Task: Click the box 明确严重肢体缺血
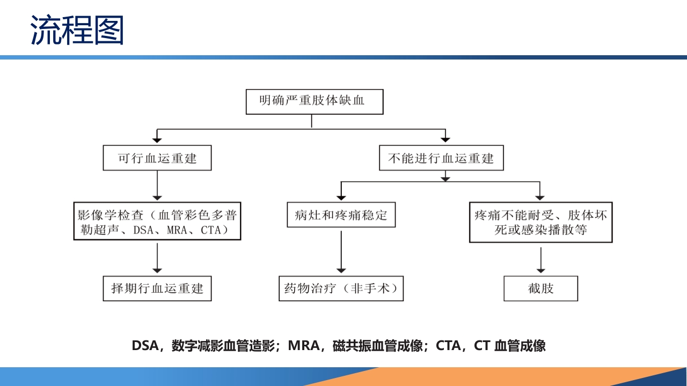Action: (x=314, y=101)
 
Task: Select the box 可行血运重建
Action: (x=157, y=158)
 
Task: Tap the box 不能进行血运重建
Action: (x=441, y=158)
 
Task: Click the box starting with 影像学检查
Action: (x=157, y=221)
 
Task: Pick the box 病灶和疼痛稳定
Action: (x=341, y=216)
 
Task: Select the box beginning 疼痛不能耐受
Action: (x=540, y=222)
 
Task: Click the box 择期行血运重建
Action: (x=157, y=288)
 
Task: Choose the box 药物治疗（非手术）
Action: (x=341, y=288)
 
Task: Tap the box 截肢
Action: (x=540, y=288)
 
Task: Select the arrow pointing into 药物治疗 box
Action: (x=341, y=252)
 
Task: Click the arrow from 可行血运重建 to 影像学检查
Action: (x=157, y=186)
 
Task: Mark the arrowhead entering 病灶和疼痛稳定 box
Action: (x=341, y=197)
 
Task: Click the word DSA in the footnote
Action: (x=144, y=346)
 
